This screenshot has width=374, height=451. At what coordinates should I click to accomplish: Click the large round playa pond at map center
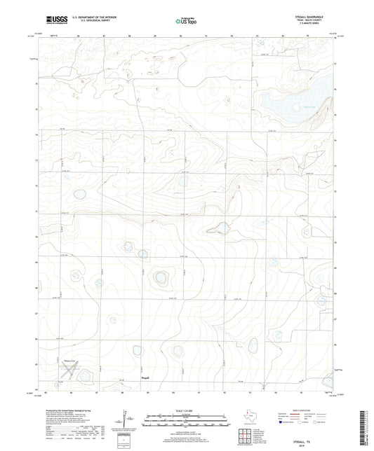161,278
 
